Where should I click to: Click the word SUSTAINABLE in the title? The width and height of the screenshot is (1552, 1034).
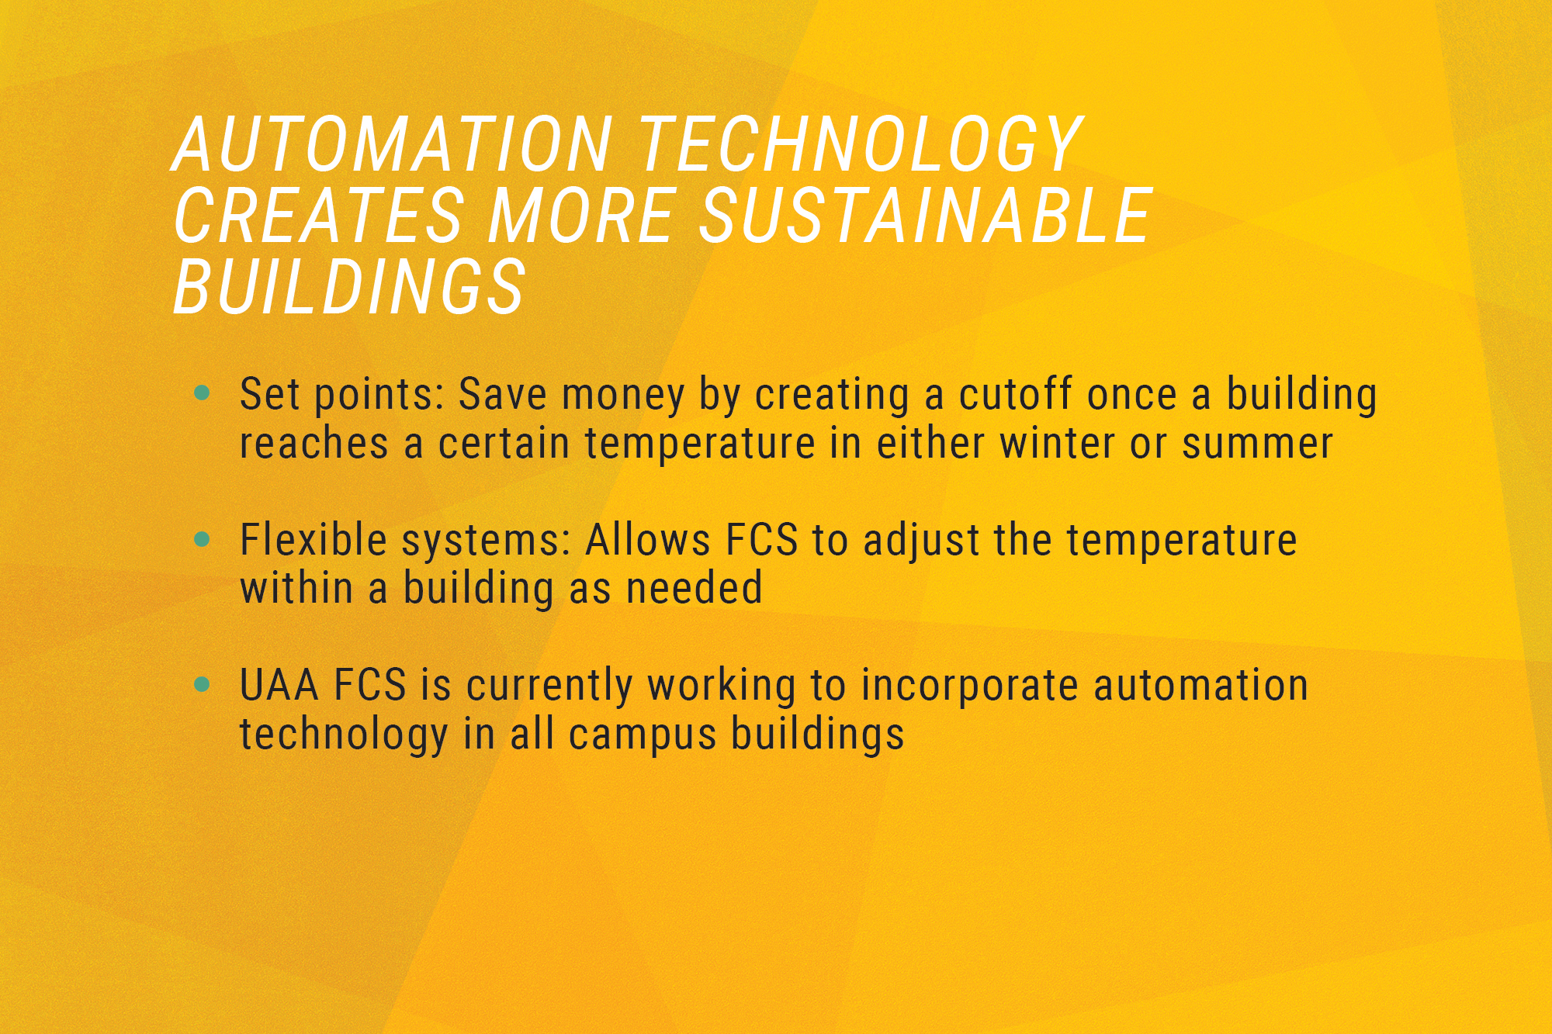point(926,216)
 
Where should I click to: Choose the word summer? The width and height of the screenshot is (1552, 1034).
point(1257,444)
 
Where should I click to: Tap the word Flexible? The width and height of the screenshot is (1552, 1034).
point(314,540)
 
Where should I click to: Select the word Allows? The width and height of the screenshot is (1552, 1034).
point(648,540)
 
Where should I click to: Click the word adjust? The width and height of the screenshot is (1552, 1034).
point(921,541)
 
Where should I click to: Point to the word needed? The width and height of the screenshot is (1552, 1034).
point(695,588)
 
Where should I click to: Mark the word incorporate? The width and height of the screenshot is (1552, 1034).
point(970,687)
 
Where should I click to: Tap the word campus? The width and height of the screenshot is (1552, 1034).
point(643,735)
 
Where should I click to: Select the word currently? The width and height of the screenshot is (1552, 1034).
point(549,687)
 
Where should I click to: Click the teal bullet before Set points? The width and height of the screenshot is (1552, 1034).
point(203,393)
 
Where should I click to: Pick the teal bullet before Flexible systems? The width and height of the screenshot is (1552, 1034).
point(203,539)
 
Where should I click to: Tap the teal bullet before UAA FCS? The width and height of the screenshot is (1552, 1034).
point(203,684)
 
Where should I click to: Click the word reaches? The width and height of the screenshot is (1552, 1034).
point(314,443)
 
